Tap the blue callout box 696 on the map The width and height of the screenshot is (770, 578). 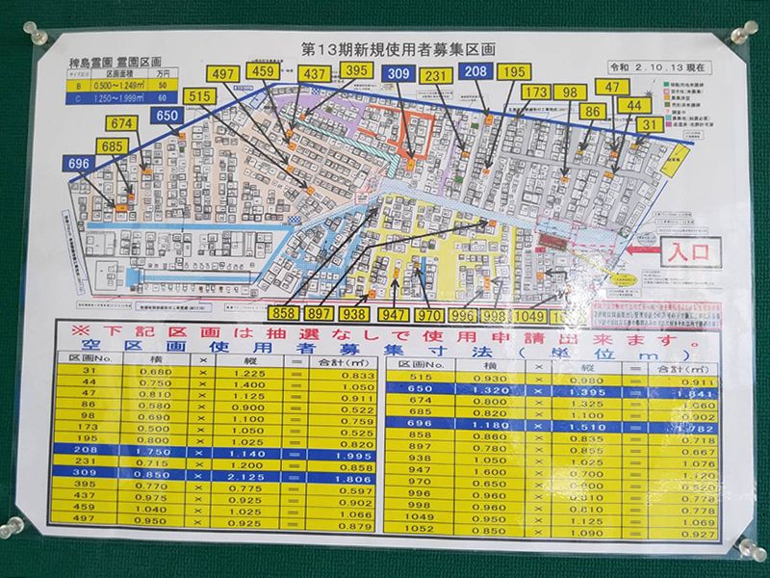coord(79,165)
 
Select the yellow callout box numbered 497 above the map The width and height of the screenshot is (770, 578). coord(222,74)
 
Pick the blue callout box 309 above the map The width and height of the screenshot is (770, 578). coord(398,73)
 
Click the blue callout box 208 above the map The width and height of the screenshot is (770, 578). coord(475,71)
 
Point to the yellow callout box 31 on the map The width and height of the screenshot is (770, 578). coord(650,124)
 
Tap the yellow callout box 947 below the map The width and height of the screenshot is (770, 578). coord(394,314)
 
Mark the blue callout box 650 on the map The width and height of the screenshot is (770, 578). coord(168,115)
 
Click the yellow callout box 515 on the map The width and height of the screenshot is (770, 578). coord(199,96)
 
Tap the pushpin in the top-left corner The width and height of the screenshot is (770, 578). coord(41,37)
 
